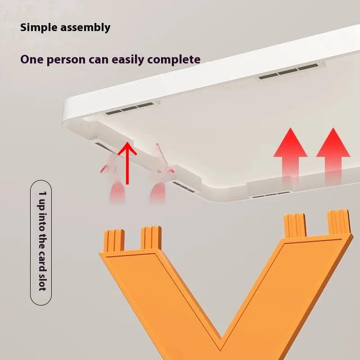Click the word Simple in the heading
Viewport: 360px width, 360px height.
[39, 27]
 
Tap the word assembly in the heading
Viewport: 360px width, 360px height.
[85, 28]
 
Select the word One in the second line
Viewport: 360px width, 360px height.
[32, 59]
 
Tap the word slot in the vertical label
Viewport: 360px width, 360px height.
[42, 282]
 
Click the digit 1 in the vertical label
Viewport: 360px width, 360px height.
[42, 193]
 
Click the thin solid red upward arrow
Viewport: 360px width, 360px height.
[127, 163]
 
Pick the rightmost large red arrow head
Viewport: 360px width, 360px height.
[333, 142]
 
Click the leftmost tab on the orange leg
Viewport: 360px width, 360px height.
[114, 241]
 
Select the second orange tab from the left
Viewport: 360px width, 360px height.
[151, 238]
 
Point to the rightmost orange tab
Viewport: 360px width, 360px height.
[339, 222]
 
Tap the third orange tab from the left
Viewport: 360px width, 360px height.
[295, 225]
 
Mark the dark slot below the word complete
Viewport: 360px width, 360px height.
[288, 72]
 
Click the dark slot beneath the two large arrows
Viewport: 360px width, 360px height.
[271, 195]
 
